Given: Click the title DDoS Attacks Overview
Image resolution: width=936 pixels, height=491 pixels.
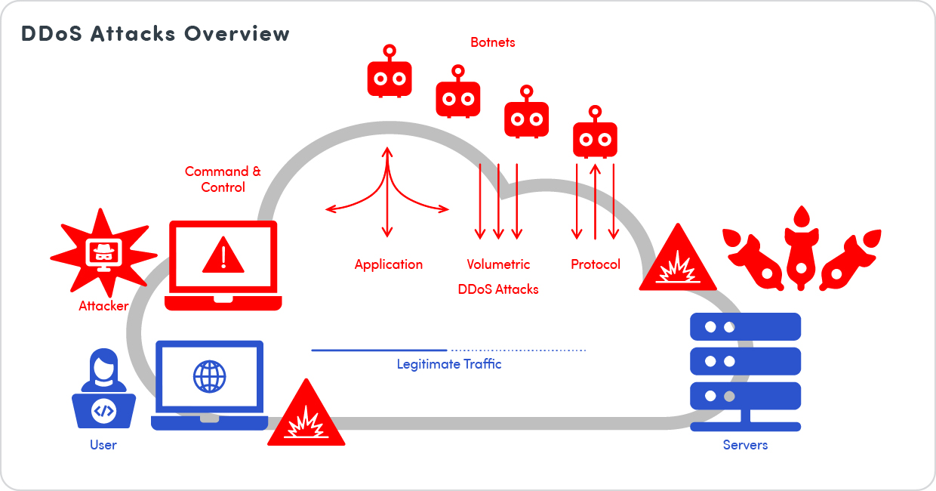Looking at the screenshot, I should (x=155, y=34).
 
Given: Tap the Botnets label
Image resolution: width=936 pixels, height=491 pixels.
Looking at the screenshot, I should (x=492, y=42).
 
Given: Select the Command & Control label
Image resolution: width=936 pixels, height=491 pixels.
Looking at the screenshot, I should (x=223, y=179).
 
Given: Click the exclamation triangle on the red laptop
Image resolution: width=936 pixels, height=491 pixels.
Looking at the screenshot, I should (x=223, y=255).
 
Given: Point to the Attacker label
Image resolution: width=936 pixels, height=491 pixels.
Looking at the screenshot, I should (x=103, y=306).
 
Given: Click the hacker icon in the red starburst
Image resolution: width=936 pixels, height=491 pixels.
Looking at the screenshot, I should (x=103, y=253).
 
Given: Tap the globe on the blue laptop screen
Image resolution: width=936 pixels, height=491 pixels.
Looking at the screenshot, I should (x=209, y=376).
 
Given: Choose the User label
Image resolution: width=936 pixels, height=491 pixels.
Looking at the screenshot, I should (x=103, y=445).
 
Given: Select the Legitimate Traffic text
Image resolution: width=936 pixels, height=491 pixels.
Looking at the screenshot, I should (x=449, y=364).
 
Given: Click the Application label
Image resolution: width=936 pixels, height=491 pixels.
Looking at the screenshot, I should (x=389, y=264).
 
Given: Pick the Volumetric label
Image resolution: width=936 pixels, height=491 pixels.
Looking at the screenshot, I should (x=498, y=264).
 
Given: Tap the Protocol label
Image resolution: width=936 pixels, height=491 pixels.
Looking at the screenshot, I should (x=596, y=264).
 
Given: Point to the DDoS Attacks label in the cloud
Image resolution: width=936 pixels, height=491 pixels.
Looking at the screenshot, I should (x=498, y=289).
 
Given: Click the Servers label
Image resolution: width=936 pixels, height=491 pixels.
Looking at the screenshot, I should (x=745, y=445).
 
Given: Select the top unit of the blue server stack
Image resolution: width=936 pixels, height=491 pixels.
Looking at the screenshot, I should (x=745, y=327).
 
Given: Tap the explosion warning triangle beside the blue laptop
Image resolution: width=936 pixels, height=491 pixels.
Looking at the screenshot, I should (x=306, y=415).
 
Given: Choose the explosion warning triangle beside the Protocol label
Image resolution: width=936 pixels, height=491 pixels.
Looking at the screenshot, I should (x=678, y=261).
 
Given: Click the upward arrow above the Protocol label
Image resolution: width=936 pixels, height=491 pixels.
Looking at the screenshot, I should (x=596, y=200).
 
